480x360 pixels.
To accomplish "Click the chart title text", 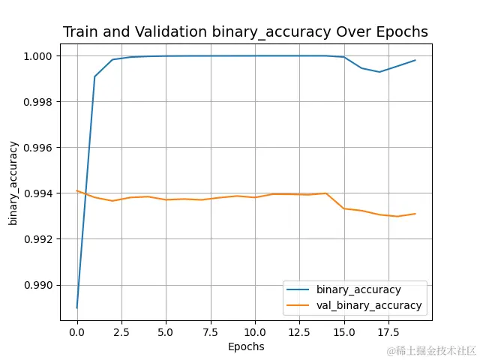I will pos(246,32).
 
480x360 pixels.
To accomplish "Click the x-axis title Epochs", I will pos(246,346).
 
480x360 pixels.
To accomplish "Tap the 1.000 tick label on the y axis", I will pos(37,55).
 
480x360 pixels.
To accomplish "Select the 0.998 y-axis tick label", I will pos(37,101).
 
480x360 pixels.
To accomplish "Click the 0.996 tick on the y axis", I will pos(37,148).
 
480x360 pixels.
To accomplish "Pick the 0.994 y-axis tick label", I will pos(37,193).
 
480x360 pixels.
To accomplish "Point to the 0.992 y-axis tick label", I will pos(37,239).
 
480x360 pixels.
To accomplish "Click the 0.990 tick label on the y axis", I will pos(37,285).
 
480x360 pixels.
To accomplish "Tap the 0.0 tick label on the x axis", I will pos(77,331).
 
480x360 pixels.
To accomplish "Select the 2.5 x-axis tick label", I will pos(121,331).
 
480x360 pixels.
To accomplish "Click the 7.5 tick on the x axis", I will pos(211,331).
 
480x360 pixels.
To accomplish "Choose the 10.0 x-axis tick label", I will pos(255,331).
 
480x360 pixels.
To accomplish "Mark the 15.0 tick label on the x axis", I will pos(344,331).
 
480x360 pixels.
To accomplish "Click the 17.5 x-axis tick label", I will pos(388,331).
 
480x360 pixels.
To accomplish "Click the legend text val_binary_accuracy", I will pos(369,305).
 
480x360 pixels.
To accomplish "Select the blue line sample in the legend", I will pos(298,289).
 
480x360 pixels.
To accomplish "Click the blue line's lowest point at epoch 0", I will pos(77,307).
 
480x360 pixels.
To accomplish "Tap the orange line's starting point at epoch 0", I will pos(77,190).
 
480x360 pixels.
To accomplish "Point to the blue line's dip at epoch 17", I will pos(379,72).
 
